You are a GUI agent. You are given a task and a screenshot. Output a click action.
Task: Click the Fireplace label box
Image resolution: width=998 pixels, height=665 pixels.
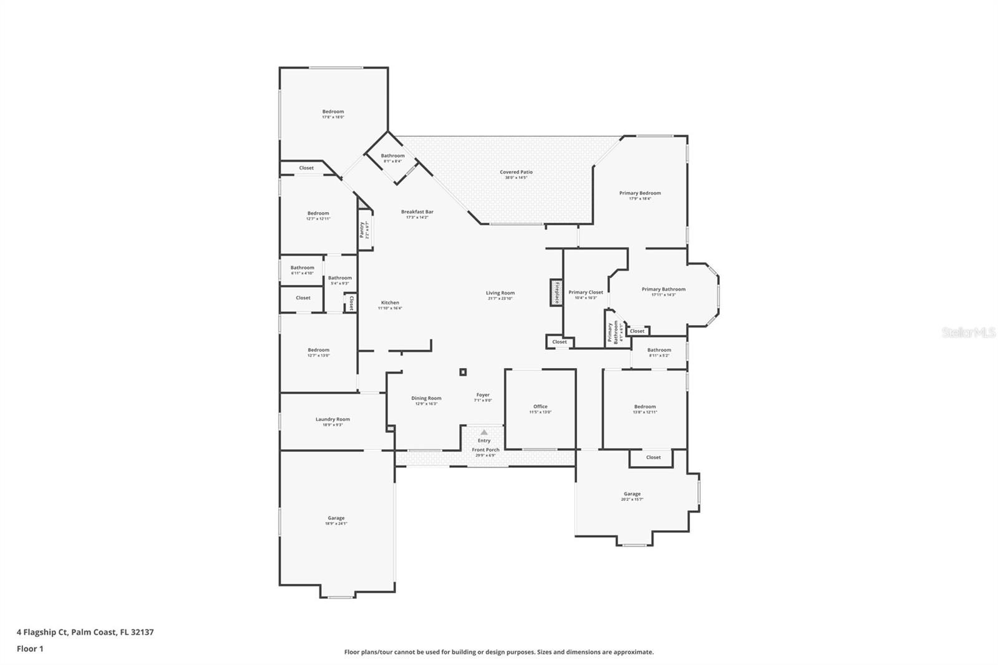point(556,293)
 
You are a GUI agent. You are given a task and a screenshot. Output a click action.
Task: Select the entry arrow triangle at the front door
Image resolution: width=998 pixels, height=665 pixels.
point(484,432)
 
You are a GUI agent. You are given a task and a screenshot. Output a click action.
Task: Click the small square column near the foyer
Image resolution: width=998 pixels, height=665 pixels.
point(463,372)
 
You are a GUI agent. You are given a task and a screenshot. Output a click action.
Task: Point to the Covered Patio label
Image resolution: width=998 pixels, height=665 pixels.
point(516,172)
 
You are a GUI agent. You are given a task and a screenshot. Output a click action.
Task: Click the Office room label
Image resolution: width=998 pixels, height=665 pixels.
point(540,407)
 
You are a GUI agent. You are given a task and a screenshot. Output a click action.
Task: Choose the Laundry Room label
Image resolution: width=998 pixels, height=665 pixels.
point(332,419)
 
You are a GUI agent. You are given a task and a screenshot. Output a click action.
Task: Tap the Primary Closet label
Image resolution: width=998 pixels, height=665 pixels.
point(586,292)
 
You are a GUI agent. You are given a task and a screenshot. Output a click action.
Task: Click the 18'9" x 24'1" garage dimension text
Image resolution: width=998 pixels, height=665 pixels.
point(336,524)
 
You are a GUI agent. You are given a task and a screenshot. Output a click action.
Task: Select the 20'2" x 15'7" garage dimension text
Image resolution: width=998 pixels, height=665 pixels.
point(632,499)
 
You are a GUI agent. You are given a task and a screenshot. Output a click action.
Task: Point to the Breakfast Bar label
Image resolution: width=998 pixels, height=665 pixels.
point(417,212)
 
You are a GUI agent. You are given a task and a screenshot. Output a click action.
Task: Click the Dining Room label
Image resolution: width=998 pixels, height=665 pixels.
point(426,398)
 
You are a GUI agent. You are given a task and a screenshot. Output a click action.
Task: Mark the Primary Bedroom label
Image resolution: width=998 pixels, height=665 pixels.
point(640,193)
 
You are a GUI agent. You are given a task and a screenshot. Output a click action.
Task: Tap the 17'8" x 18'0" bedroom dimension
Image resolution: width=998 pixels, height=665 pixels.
point(333,117)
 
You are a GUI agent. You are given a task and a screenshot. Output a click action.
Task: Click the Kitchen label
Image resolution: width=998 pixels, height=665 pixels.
point(390,303)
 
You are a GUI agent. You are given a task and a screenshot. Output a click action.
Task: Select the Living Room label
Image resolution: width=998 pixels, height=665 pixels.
point(500,293)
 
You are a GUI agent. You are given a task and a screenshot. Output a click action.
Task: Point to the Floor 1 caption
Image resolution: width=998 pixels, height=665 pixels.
point(30,649)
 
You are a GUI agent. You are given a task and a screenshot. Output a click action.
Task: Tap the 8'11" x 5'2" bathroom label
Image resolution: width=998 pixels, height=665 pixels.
point(659,356)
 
